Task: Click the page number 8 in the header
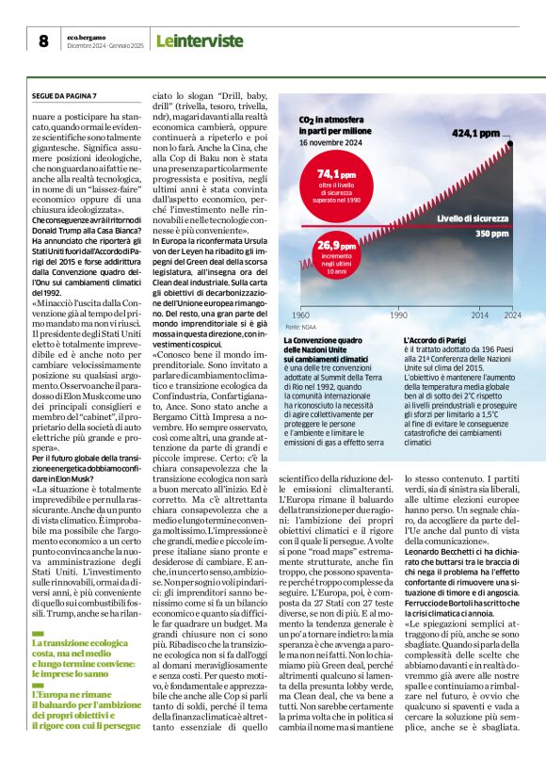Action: click(43, 40)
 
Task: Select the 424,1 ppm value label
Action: click(476, 133)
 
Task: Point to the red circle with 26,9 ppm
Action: click(336, 253)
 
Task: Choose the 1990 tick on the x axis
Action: click(398, 315)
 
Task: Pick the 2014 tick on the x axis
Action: click(480, 315)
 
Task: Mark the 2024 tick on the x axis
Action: click(512, 315)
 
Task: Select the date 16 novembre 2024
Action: click(329, 143)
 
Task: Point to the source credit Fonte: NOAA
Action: click(300, 326)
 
